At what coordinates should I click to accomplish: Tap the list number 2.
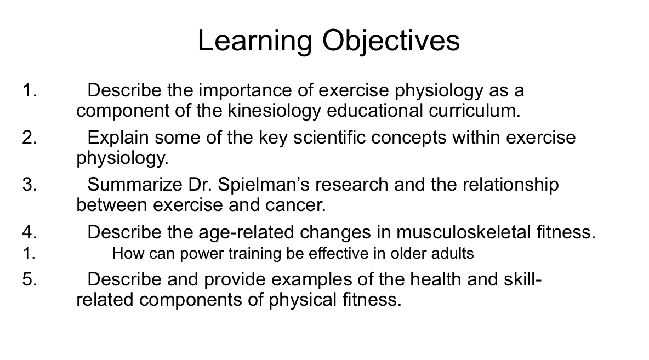30,138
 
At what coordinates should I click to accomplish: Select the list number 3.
30,185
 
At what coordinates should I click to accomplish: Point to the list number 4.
30,232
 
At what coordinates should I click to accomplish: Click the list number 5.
30,279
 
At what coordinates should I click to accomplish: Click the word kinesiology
272,111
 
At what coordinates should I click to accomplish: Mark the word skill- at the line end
522,279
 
